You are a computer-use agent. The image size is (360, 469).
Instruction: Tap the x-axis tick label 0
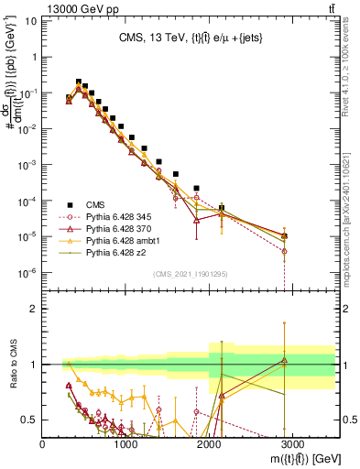pyautogui.click(x=43, y=443)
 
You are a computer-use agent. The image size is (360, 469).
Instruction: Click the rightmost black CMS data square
pyautogui.click(x=284, y=235)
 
